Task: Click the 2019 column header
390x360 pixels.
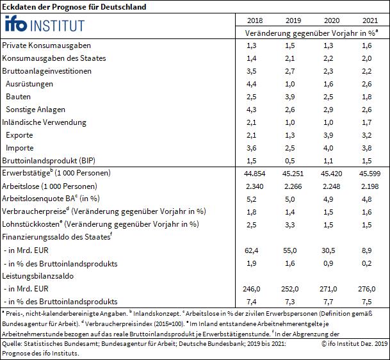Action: (x=293, y=20)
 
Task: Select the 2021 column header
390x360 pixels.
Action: (x=370, y=20)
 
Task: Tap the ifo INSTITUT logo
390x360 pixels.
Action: (x=45, y=24)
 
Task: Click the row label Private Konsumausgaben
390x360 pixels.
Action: (x=47, y=45)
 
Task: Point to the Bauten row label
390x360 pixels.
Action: (x=18, y=97)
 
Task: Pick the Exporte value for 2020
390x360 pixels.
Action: (x=329, y=135)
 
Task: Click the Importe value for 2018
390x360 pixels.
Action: (x=252, y=148)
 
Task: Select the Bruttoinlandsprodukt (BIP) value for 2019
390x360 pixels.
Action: (x=289, y=161)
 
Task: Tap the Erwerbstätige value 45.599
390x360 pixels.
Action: (x=370, y=174)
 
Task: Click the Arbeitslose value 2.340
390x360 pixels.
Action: (x=255, y=186)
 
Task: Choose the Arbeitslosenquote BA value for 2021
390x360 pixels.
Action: (x=367, y=199)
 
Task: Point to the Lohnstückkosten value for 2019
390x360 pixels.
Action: (x=289, y=225)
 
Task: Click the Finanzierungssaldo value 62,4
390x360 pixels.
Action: (x=252, y=250)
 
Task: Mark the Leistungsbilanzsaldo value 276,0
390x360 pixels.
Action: (x=367, y=289)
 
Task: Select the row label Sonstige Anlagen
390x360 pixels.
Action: (x=36, y=110)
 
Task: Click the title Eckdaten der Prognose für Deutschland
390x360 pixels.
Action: (x=74, y=6)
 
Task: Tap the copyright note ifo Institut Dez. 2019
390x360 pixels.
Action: (x=355, y=343)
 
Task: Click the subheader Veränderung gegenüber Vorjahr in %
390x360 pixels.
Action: (x=312, y=33)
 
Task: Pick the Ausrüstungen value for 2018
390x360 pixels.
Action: (x=252, y=84)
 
